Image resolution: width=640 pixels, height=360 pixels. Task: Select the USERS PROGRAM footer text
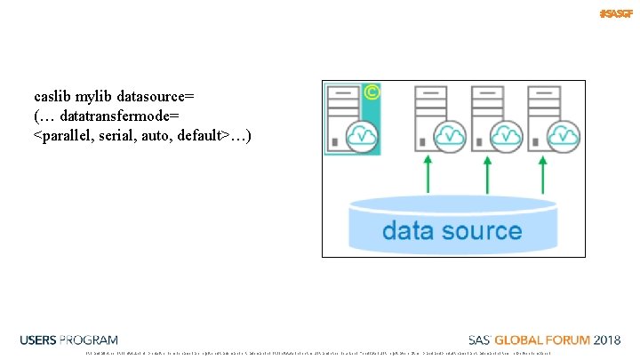click(68, 340)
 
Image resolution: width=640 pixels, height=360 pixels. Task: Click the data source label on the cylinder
click(452, 231)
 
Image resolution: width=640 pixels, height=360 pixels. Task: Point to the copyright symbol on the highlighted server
click(372, 91)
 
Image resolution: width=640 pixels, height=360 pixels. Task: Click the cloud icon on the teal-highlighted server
click(362, 135)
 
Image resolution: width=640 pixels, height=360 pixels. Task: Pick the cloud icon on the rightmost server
click(562, 135)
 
